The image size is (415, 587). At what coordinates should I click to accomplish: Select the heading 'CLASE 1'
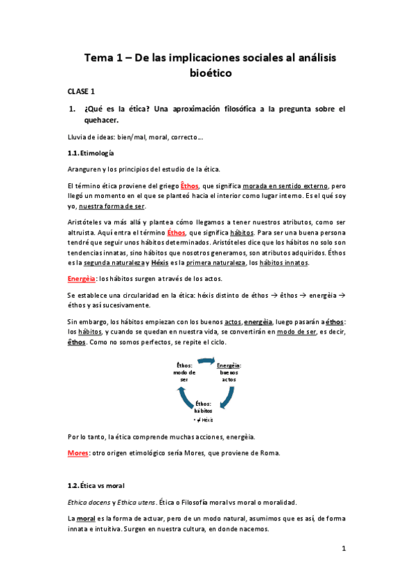pos(81,91)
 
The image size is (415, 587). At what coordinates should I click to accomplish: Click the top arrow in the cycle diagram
pos(207,361)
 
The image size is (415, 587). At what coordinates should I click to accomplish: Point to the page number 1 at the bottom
pos(343,548)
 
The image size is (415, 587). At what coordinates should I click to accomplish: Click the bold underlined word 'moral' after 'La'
pos(86,518)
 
